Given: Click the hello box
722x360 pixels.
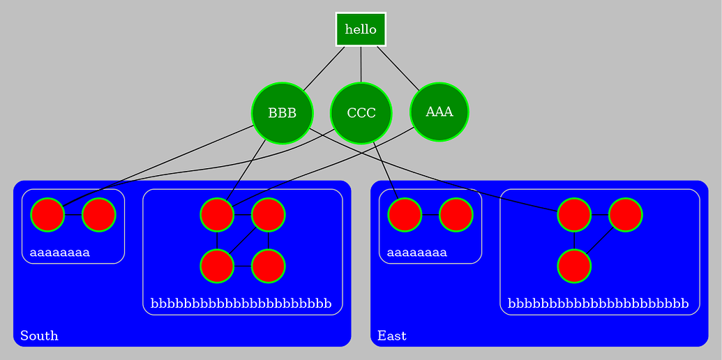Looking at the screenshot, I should [x=361, y=29].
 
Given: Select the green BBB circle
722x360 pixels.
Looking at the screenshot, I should [x=282, y=113].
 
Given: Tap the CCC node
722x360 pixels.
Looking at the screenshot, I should [x=361, y=113].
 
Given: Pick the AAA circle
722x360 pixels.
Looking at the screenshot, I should [x=439, y=112].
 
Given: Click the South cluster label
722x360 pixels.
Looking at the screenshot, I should [x=39, y=336].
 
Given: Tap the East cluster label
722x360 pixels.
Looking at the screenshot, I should [x=392, y=336].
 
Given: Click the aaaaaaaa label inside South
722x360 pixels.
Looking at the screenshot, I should [x=59, y=252].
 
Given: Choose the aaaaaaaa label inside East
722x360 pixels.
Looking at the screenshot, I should [x=416, y=252].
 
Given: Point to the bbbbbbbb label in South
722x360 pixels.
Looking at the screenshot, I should [x=241, y=303].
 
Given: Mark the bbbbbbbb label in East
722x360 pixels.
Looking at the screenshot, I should [x=599, y=303].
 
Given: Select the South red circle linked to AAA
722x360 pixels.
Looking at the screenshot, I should [x=217, y=214].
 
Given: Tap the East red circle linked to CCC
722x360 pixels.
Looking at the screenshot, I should [x=405, y=214].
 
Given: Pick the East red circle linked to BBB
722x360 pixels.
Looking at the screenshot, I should [x=574, y=214].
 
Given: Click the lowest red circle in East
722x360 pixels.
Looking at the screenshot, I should [x=574, y=266].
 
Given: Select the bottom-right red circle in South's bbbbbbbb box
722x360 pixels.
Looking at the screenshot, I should [x=268, y=266].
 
